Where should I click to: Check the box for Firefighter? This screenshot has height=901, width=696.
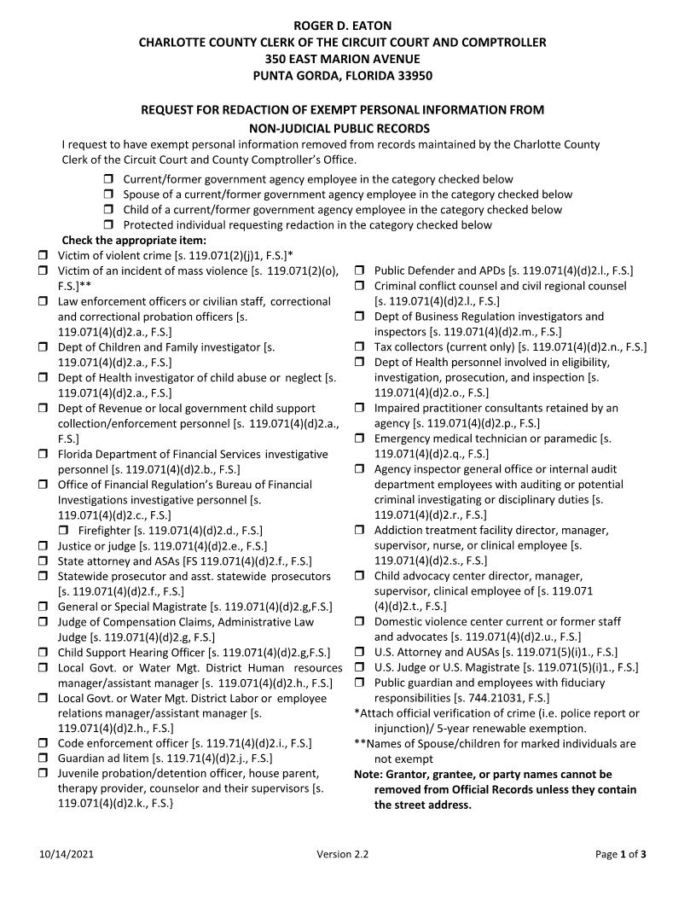click(65, 531)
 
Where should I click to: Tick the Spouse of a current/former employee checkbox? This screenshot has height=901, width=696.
click(109, 195)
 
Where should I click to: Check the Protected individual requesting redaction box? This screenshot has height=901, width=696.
click(109, 225)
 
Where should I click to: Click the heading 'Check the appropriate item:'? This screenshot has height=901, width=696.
click(128, 241)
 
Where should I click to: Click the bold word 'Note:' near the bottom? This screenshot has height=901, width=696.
click(368, 775)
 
